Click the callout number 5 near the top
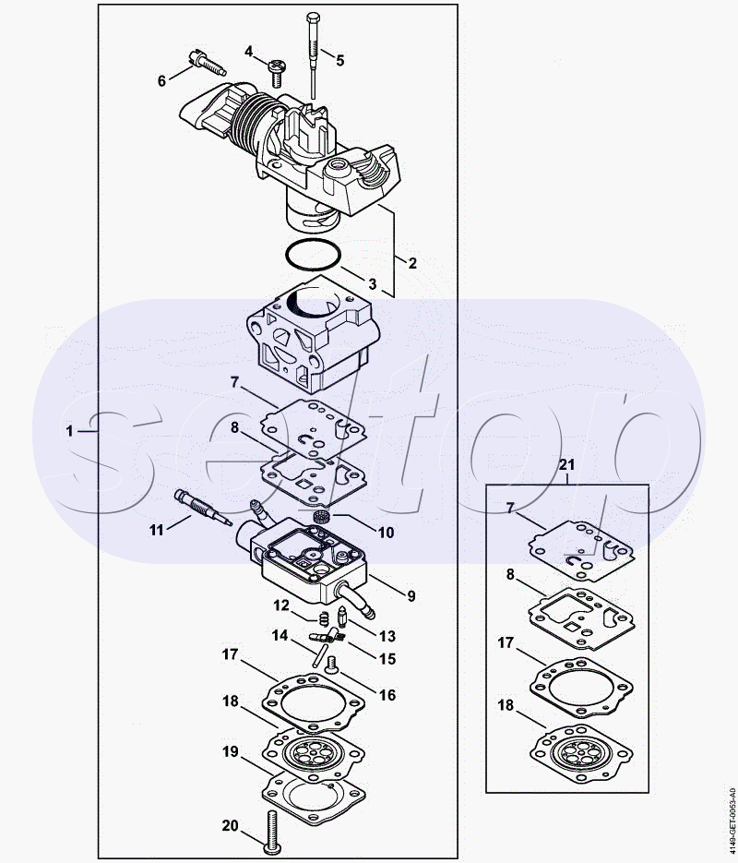tap(339, 61)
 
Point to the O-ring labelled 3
tap(314, 255)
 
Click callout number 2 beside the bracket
tap(411, 262)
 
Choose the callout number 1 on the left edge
tap(69, 431)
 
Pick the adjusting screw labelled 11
tap(201, 508)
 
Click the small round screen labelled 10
tap(321, 518)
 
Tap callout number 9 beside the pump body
tap(411, 595)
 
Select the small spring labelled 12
tap(325, 618)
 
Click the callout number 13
tap(387, 636)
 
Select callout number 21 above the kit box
tap(566, 464)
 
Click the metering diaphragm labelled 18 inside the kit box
tap(582, 753)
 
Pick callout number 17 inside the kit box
tap(506, 642)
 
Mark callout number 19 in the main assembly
tap(231, 751)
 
